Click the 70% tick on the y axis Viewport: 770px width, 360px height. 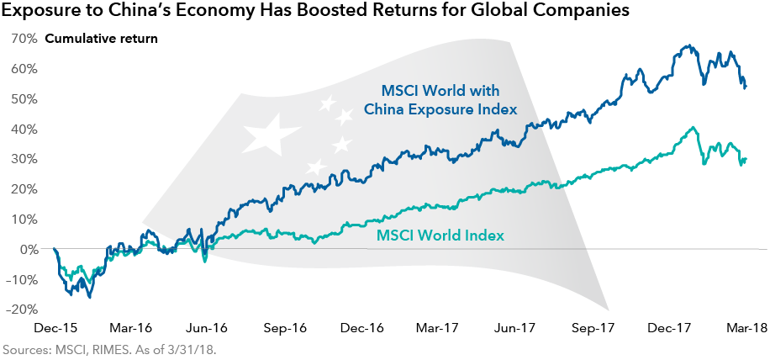point(24,39)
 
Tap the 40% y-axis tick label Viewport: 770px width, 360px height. point(24,129)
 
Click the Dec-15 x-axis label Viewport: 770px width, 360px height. point(55,329)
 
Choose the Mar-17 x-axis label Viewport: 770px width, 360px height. point(439,329)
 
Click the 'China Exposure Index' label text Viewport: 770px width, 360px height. point(440,109)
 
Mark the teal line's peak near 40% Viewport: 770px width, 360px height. point(693,128)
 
